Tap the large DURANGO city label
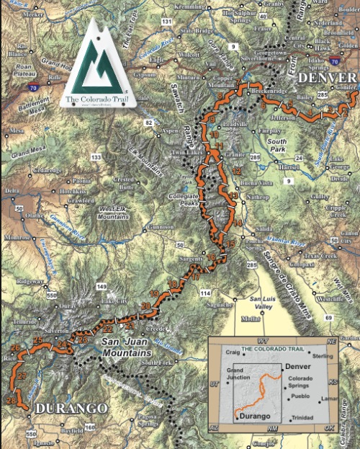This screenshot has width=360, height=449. coord(66,408)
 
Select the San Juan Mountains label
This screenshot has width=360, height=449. coord(126,347)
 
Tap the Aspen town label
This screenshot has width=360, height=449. coord(169,131)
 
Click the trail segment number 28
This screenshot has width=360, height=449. coord(11,400)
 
